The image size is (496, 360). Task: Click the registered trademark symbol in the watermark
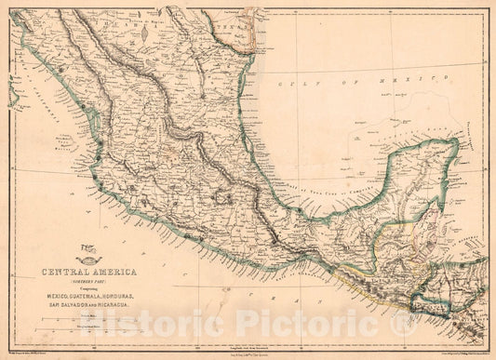402,323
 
